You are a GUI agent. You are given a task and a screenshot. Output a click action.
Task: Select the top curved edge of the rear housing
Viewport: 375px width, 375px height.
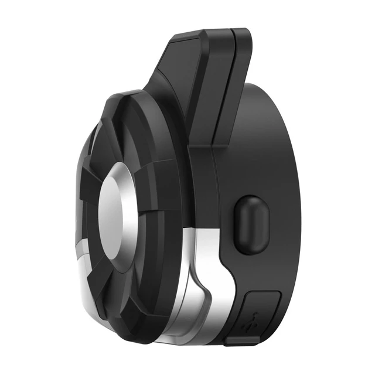pyautogui.click(x=275, y=94)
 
